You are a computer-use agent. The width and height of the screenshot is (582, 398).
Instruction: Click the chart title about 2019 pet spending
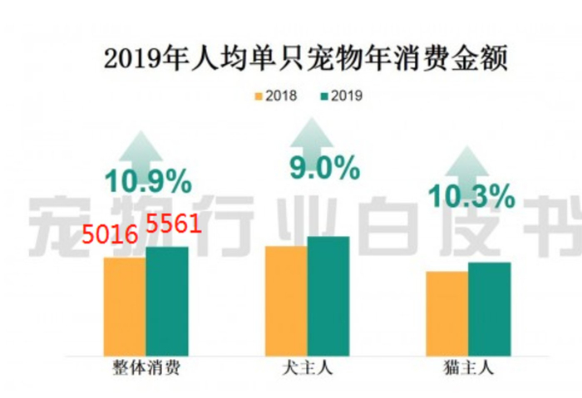305,59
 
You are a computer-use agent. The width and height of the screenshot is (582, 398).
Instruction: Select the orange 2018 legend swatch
259,96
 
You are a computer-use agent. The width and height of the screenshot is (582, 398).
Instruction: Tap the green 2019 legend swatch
324,96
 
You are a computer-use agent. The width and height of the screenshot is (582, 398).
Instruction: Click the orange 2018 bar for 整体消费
125,307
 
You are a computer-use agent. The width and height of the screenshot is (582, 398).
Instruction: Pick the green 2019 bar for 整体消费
167,301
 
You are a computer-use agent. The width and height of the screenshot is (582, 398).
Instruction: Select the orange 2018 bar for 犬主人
286,301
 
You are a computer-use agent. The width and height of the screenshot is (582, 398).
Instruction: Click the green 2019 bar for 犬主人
328,296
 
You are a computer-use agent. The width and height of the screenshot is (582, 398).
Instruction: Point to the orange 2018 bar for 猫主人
447,314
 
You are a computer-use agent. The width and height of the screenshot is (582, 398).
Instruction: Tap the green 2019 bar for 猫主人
490,309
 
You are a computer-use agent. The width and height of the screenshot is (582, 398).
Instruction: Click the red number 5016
110,235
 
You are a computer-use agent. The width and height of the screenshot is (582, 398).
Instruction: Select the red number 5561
174,224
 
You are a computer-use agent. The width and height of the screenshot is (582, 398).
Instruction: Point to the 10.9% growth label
149,181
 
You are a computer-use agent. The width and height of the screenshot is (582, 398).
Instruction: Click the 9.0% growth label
325,168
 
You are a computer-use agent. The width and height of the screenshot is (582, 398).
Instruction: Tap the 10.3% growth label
471,196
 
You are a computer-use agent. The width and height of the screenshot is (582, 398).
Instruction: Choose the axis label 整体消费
146,368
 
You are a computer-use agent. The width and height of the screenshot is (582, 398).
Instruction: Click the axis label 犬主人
308,368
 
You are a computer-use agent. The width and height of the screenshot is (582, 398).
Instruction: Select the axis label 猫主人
468,368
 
